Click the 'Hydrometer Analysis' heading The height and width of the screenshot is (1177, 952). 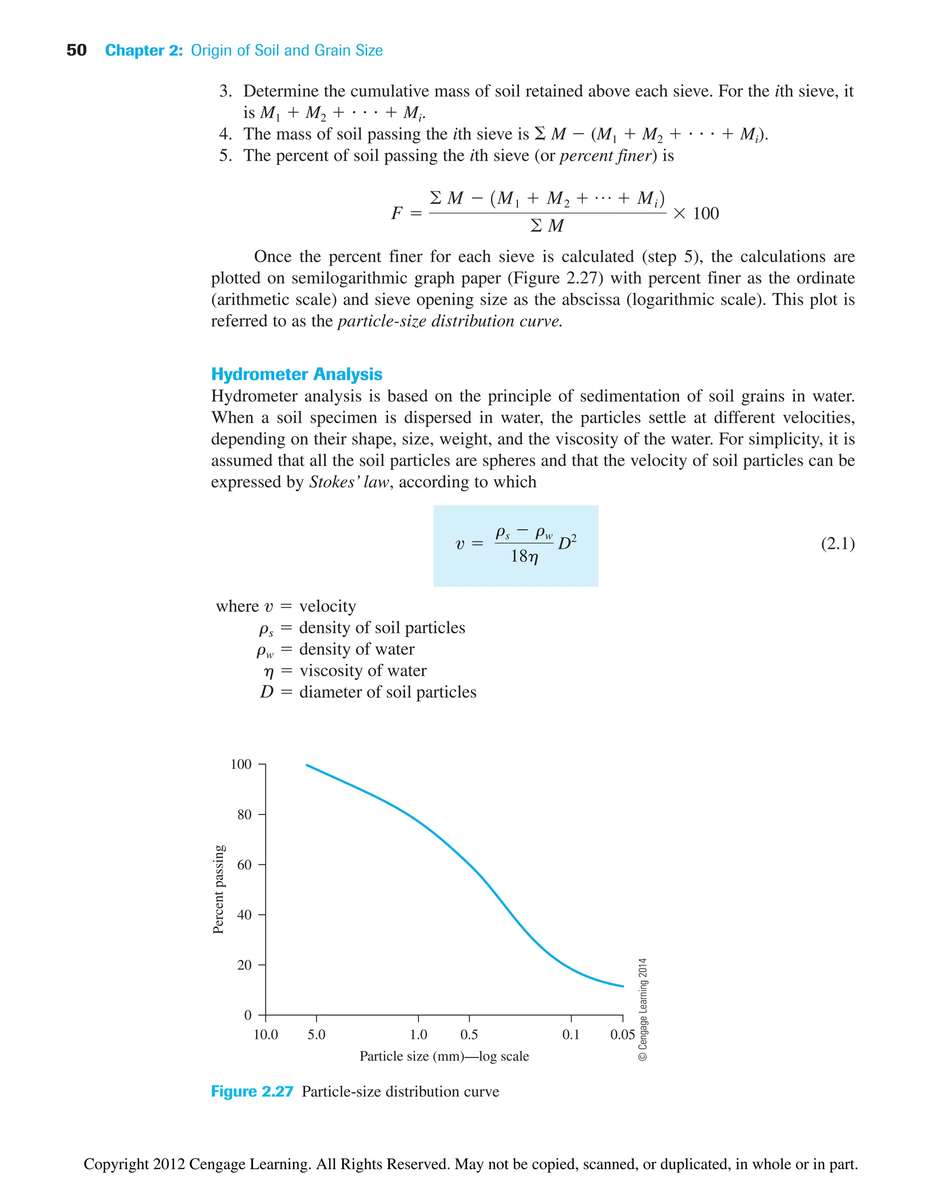point(296,374)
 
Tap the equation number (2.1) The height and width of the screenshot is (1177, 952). point(837,543)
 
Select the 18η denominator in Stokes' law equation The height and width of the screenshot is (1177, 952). point(524,556)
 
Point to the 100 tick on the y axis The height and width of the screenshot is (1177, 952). point(241,764)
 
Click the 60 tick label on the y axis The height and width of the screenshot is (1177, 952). point(244,865)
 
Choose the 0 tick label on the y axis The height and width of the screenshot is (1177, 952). point(248,1015)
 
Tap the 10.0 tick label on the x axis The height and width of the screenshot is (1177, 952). point(265,1034)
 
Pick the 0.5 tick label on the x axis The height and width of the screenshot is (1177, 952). point(469,1034)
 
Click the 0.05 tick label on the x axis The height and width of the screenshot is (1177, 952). point(622,1034)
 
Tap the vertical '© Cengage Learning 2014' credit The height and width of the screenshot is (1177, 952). point(643,1009)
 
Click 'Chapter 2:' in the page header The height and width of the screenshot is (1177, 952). point(144,51)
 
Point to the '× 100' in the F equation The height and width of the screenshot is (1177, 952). point(695,213)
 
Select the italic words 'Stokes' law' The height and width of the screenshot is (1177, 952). point(349,482)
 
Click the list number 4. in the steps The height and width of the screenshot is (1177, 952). point(225,134)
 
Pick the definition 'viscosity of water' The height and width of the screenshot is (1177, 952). point(363,671)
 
